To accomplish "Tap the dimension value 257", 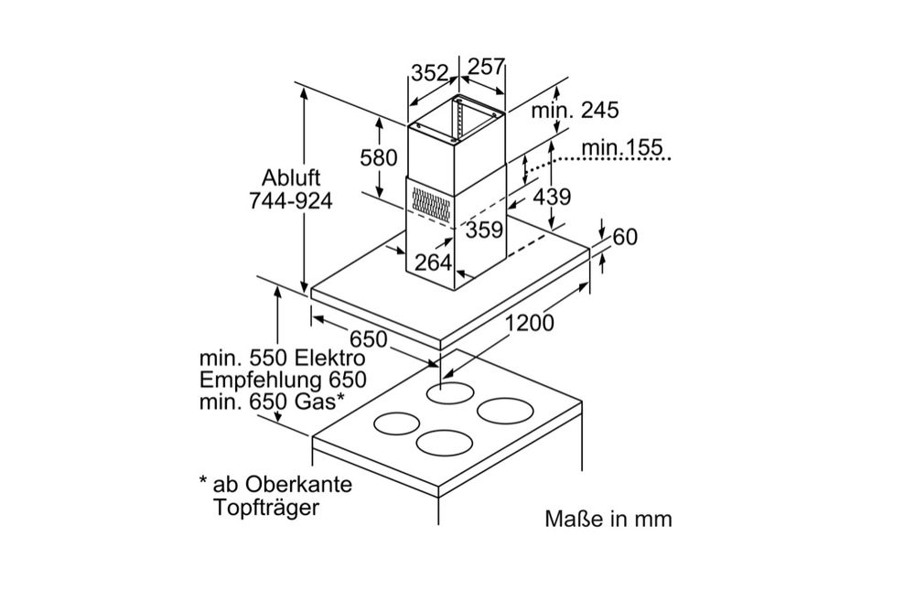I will [x=486, y=68].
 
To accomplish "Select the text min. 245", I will [x=576, y=111].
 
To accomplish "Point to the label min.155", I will [x=621, y=148].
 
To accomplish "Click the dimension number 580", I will [x=378, y=157].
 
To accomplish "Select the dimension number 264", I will [x=433, y=263].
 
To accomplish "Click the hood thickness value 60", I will [x=625, y=237].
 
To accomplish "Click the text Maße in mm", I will [x=608, y=520].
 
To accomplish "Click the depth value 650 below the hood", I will [x=366, y=338].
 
